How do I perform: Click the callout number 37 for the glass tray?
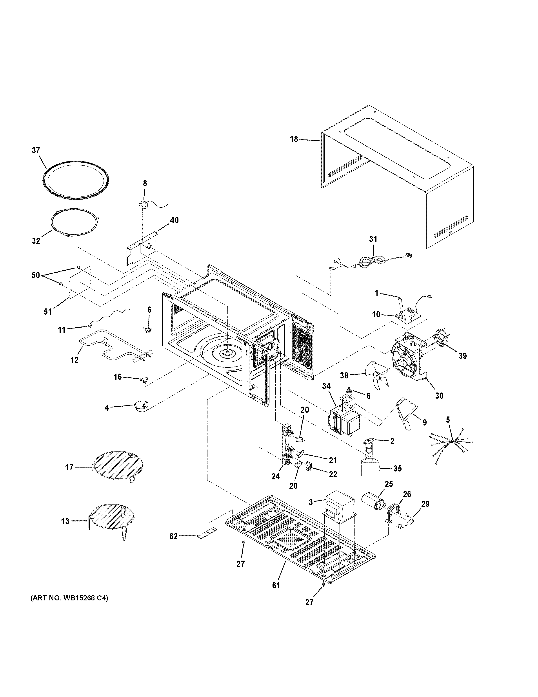coord(36,150)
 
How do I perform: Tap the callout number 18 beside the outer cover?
coord(294,139)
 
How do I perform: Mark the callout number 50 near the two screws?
coord(36,275)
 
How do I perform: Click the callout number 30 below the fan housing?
coord(439,396)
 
